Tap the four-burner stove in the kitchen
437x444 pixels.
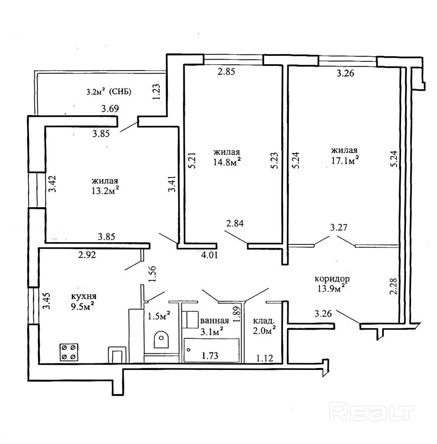click(x=68, y=352)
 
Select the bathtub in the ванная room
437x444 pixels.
click(x=211, y=350)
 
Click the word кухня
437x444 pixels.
click(x=84, y=297)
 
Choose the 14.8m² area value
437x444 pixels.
click(x=227, y=162)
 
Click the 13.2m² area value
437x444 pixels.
click(x=105, y=191)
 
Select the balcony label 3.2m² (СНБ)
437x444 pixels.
click(x=109, y=92)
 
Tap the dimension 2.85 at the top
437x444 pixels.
click(x=226, y=72)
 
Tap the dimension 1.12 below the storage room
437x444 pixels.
click(x=264, y=358)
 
